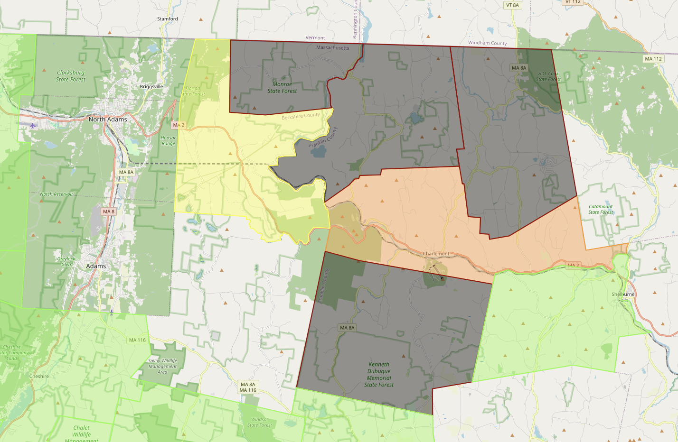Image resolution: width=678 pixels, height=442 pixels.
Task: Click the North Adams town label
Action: coord(108,120)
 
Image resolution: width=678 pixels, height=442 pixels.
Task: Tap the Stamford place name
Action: coord(168,19)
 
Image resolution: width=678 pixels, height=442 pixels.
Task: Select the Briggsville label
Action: coord(151,87)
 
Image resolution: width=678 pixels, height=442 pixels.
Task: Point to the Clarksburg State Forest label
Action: coord(71,76)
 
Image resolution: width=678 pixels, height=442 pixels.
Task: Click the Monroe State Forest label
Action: coord(282,87)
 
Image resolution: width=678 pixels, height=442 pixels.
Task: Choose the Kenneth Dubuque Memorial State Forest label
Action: coord(379,375)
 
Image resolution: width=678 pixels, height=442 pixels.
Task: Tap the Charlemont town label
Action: coord(436,254)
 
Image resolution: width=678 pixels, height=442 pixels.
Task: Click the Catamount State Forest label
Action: coord(601,209)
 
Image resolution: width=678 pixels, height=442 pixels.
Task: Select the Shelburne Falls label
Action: coord(623,297)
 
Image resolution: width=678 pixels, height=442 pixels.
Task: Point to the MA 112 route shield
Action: coord(653,59)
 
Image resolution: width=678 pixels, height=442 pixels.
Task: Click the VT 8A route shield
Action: coord(512,5)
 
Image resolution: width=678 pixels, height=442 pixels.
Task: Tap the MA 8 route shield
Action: coord(109,212)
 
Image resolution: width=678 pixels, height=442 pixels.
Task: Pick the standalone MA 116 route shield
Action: coord(137,340)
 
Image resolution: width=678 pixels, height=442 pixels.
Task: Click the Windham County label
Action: coord(487,43)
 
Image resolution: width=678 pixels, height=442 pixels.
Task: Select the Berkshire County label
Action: coord(301,116)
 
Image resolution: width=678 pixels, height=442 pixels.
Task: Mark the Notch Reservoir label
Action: coord(56,194)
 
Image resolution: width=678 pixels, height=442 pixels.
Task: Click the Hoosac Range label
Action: coord(169,140)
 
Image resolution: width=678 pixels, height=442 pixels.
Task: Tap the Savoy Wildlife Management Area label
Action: coord(162,366)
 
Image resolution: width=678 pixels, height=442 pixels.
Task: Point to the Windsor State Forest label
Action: coord(260,422)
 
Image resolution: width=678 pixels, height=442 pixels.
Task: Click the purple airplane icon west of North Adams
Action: coord(32,126)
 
